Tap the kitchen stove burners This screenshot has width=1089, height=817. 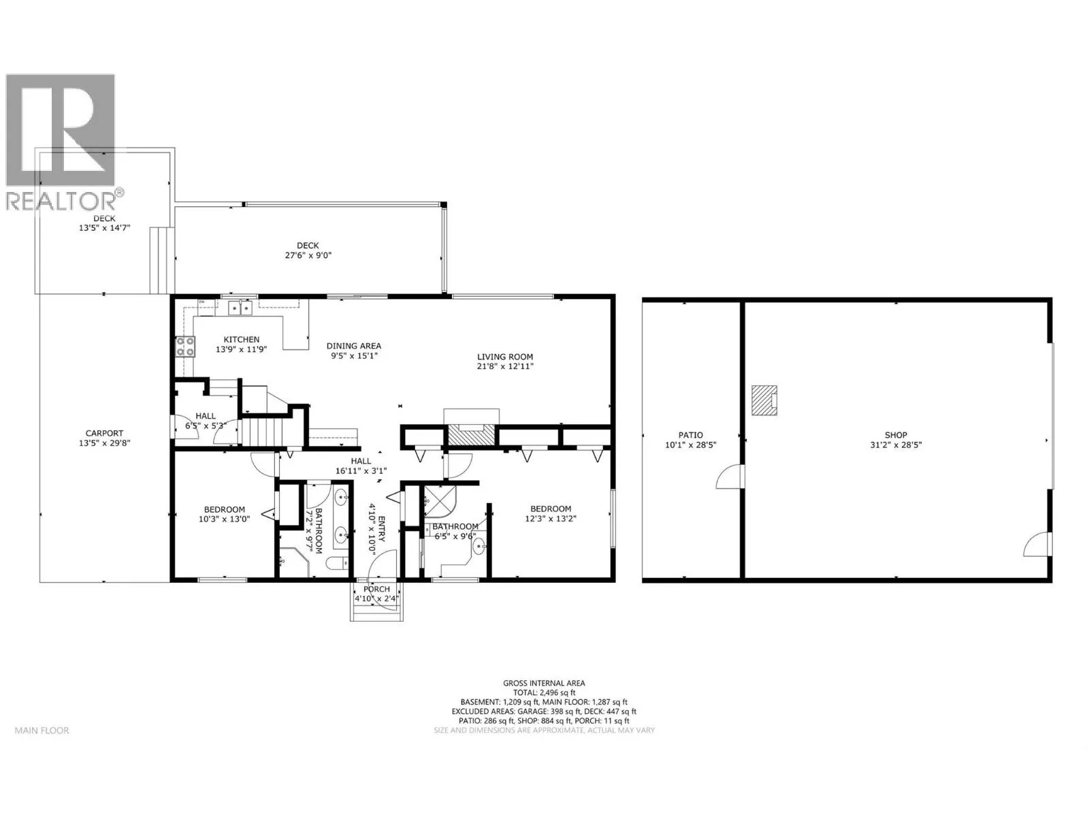tap(185, 347)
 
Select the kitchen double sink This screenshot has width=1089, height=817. tap(240, 308)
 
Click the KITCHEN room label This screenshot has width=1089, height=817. tap(241, 339)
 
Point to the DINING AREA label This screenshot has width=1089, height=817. tap(354, 346)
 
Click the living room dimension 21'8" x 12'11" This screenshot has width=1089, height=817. tap(505, 366)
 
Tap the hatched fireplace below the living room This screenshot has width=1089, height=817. tap(471, 435)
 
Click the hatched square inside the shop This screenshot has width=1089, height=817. tap(764, 400)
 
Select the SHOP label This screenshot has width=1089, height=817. tap(896, 435)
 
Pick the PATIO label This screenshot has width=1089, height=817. tap(691, 435)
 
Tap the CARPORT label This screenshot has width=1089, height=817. tap(104, 433)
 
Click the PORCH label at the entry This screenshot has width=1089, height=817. tap(376, 589)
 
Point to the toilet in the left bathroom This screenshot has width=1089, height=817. tap(338, 563)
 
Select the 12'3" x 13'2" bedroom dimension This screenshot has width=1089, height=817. tap(550, 518)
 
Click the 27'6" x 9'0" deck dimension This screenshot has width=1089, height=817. tap(308, 255)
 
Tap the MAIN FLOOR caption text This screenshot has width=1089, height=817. tap(42, 730)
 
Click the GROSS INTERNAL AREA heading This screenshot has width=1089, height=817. tap(544, 683)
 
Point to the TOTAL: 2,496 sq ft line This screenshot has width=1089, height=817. tap(544, 692)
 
